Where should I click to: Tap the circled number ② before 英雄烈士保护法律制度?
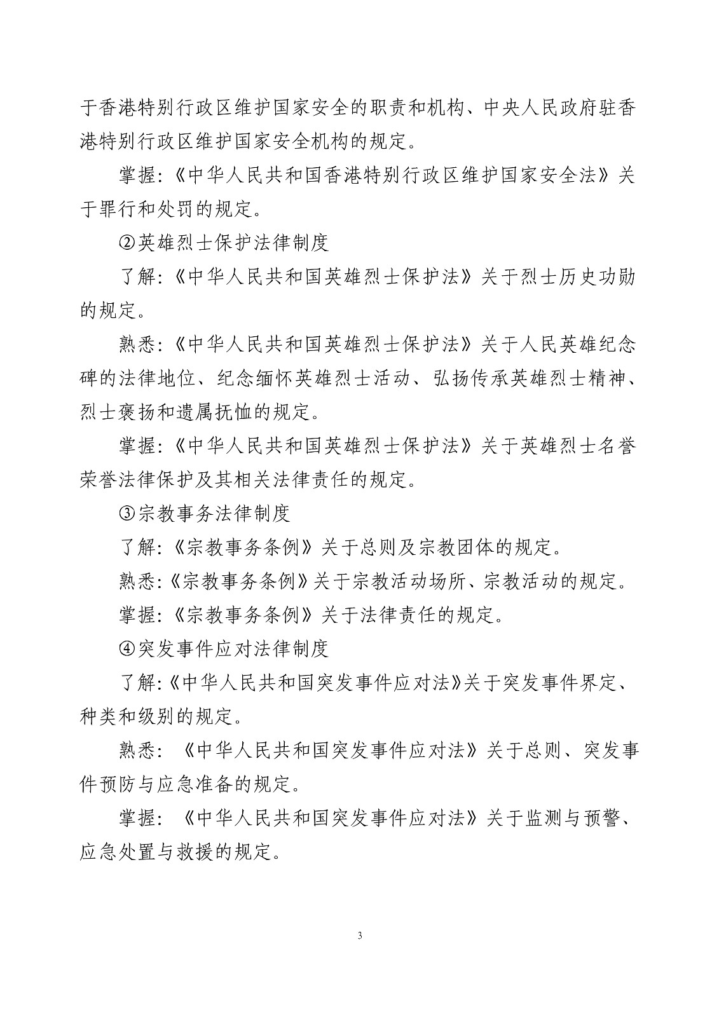pyautogui.click(x=128, y=242)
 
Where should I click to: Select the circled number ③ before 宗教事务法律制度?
pyautogui.click(x=128, y=513)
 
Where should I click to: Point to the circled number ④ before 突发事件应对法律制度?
pyautogui.click(x=128, y=649)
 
